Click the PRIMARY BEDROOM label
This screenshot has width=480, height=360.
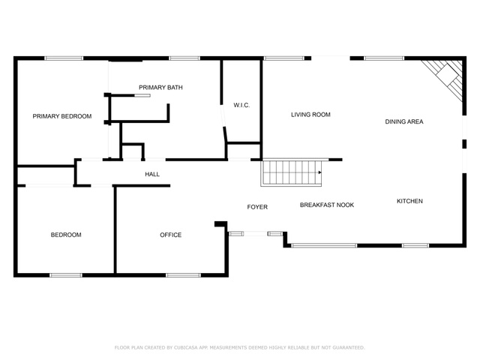[61, 116]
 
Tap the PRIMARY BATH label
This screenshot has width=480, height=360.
[160, 88]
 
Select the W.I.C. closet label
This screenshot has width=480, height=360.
[241, 105]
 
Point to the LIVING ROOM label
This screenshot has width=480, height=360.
[310, 115]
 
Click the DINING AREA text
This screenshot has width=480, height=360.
[404, 121]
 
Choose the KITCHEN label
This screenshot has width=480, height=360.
[409, 201]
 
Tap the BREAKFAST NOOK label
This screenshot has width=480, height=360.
[326, 205]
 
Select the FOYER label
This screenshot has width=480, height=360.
[257, 207]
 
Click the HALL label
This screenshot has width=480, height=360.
[152, 175]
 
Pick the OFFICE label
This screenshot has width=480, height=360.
[170, 235]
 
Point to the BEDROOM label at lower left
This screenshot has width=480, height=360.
[66, 235]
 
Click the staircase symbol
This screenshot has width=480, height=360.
[290, 172]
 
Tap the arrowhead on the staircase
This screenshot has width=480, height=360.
[320, 172]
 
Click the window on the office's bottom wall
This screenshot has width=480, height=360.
[183, 274]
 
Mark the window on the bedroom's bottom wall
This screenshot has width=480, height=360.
[66, 274]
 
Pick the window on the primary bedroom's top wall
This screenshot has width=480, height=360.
[64, 58]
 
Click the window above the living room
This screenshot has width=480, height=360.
[283, 58]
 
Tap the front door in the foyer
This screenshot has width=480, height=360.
[256, 234]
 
